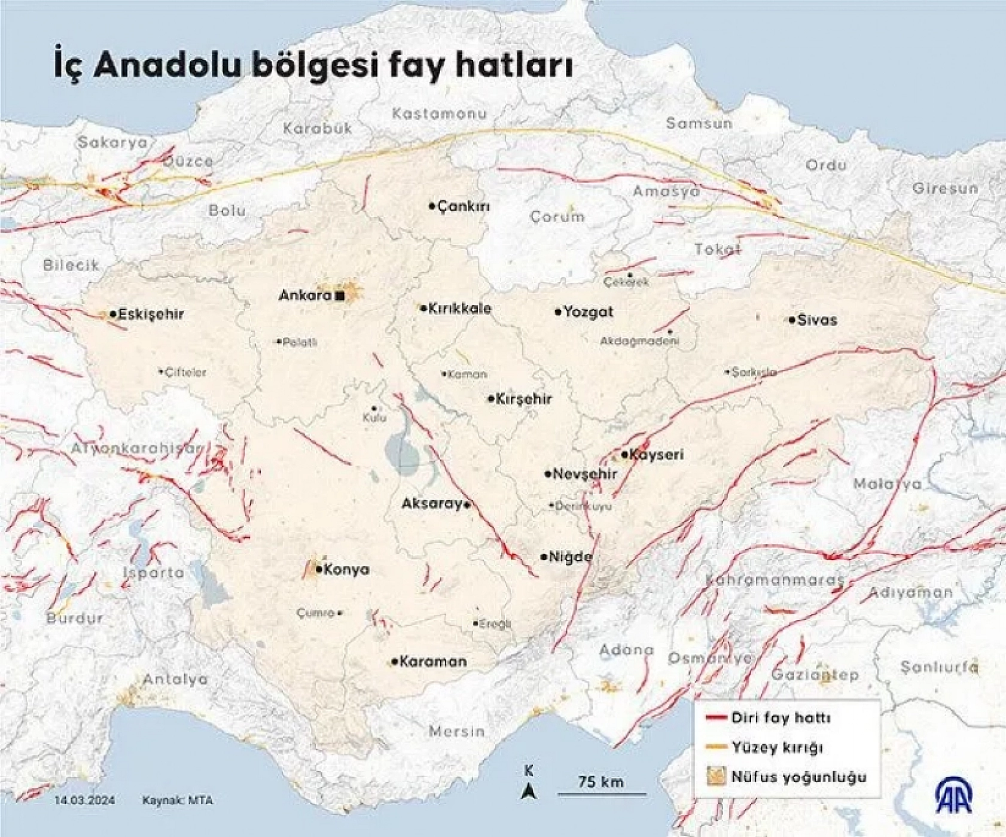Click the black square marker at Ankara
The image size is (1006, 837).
[340, 296]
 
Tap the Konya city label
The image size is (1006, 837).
[347, 570]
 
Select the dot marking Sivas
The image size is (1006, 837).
[792, 320]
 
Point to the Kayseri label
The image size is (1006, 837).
[657, 455]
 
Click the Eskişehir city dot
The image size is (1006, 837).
[113, 315]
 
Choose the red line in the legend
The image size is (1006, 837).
[716, 717]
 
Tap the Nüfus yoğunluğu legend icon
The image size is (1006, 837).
[716, 777]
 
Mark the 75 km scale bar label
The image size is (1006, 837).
[601, 781]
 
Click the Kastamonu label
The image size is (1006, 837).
[440, 114]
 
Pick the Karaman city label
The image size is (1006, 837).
[433, 662]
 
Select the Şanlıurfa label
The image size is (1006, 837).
[940, 667]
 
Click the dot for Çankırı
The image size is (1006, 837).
[432, 206]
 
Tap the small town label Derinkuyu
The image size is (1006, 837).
[584, 506]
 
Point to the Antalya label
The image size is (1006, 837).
[175, 680]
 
